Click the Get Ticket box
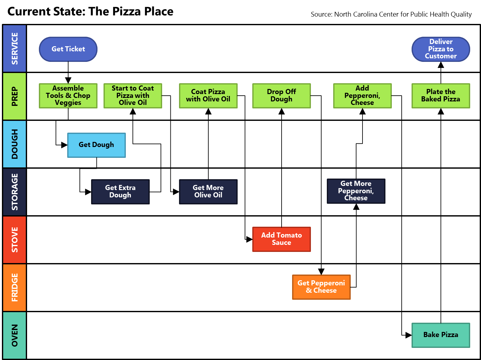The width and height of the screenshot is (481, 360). click(x=68, y=49)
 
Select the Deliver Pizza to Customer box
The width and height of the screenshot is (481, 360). click(x=441, y=49)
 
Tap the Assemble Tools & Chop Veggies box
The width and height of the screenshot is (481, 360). click(x=68, y=96)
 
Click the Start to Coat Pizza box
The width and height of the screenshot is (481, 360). click(x=133, y=96)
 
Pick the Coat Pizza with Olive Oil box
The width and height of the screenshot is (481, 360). click(x=208, y=96)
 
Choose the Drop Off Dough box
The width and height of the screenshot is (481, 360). click(x=281, y=96)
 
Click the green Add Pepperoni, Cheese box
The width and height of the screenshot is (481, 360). click(x=362, y=96)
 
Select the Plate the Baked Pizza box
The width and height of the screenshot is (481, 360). click(x=441, y=96)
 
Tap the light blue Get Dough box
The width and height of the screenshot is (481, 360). click(x=97, y=145)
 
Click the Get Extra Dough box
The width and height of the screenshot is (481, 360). click(x=120, y=192)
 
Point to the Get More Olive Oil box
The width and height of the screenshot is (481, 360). click(x=208, y=192)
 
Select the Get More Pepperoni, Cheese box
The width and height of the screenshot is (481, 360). click(x=356, y=191)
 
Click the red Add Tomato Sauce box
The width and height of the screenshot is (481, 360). click(x=281, y=239)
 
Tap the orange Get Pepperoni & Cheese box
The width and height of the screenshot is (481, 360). click(x=321, y=287)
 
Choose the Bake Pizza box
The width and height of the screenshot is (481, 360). click(x=441, y=335)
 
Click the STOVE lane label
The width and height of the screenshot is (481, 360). click(x=15, y=240)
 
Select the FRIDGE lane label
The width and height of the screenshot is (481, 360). click(x=15, y=287)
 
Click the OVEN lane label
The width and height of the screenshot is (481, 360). click(x=15, y=335)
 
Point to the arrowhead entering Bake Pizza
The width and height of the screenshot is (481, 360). click(x=409, y=335)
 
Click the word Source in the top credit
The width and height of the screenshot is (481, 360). click(x=321, y=14)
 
